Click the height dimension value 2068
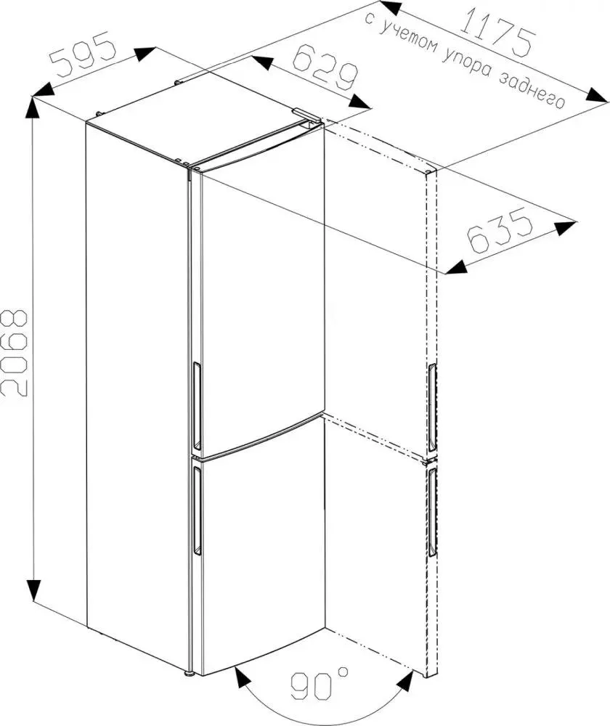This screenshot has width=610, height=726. click(15, 353)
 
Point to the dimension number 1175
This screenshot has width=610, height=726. click(497, 30)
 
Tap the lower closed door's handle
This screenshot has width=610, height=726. click(197, 510)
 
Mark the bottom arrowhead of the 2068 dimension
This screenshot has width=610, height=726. click(33, 590)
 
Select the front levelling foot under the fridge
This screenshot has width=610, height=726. click(188, 672)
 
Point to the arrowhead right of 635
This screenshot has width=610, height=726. click(566, 227)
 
